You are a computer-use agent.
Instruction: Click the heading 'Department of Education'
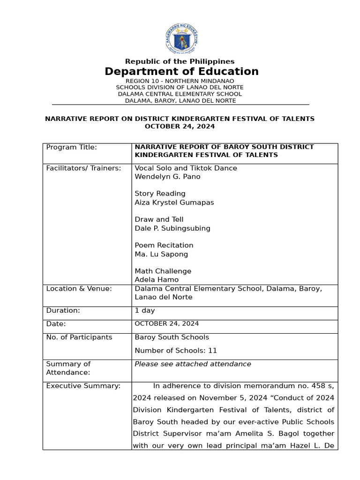181,72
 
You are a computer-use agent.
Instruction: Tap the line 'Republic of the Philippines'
180,61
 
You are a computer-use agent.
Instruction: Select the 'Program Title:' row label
71,147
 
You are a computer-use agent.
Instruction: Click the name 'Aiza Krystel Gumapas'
174,202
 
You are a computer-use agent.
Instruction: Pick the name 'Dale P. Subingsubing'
172,228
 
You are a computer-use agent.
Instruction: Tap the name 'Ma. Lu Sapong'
161,254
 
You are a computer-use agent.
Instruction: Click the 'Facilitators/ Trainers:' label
83,168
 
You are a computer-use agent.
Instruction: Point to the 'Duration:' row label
63,310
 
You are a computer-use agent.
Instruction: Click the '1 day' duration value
144,310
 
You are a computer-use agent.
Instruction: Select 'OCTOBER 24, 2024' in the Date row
166,324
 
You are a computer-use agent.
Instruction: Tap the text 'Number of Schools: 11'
176,351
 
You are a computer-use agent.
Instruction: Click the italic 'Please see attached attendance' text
193,364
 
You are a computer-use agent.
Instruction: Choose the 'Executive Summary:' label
83,386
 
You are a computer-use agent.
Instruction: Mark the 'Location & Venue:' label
79,289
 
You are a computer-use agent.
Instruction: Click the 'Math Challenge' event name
163,271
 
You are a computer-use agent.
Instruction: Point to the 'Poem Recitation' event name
164,245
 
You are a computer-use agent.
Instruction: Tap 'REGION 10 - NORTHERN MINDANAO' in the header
180,81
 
